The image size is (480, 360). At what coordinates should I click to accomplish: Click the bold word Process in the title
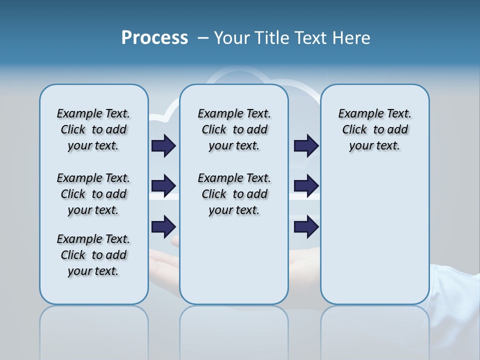(x=154, y=38)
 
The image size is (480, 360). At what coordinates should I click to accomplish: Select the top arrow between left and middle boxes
(x=163, y=145)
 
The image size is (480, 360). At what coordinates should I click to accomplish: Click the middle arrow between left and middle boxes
(x=163, y=186)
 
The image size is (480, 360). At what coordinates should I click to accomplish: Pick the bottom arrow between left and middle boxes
(x=163, y=227)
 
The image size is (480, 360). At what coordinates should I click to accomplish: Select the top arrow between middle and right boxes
(x=306, y=145)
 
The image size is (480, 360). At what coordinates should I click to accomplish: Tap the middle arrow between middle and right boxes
(x=306, y=186)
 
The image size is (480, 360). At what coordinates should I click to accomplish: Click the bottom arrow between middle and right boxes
(x=306, y=227)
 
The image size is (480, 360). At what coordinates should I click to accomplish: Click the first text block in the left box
(x=93, y=129)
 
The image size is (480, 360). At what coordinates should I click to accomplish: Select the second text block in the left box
(x=93, y=194)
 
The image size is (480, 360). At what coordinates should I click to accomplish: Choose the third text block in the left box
(x=93, y=255)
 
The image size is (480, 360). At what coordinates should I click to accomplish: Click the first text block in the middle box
(x=234, y=129)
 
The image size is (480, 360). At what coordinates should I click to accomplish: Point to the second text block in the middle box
(x=234, y=194)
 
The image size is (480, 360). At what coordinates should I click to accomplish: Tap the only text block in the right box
(x=375, y=129)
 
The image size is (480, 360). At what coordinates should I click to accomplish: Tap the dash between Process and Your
(x=203, y=38)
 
